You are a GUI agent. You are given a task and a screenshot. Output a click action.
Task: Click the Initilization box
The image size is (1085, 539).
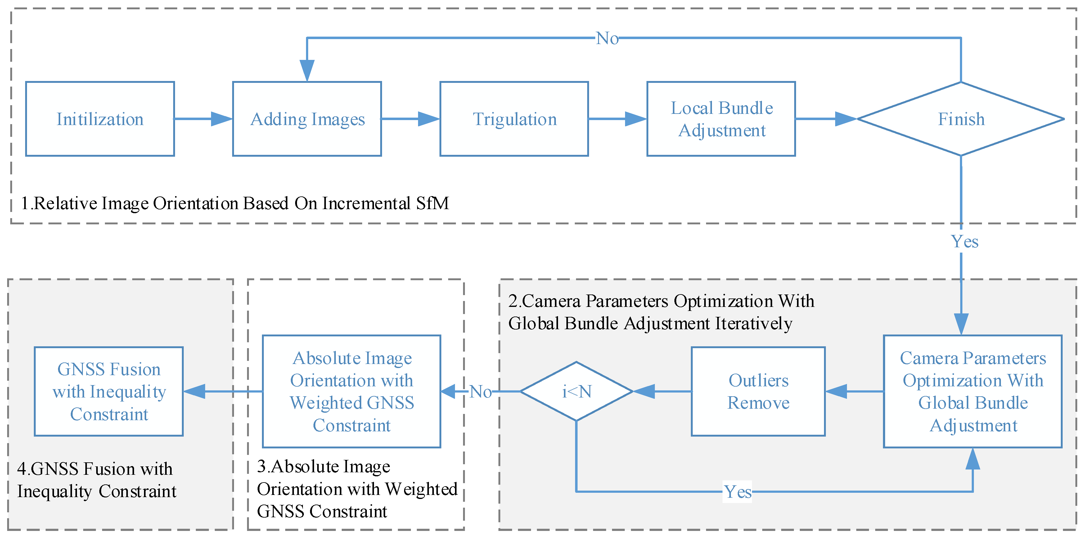point(100,119)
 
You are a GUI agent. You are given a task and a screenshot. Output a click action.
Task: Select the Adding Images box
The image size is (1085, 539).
point(307,119)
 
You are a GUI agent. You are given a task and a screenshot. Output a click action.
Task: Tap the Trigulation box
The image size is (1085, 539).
point(514,119)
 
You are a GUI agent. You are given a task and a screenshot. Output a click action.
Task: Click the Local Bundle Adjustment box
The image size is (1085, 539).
point(721,119)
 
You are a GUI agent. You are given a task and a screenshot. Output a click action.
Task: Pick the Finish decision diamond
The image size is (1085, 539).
point(961,119)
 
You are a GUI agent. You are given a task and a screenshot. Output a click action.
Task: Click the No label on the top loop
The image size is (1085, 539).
point(607,38)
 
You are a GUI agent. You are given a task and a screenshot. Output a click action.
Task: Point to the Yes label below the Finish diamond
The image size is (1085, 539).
point(965,242)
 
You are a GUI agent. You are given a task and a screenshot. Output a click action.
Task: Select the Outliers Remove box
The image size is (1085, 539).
point(758,391)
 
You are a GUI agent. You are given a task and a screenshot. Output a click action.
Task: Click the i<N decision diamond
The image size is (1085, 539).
point(576,391)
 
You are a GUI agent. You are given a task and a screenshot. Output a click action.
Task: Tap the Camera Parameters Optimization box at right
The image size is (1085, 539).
point(973,391)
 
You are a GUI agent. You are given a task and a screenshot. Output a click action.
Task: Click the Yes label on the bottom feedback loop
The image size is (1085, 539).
point(737,492)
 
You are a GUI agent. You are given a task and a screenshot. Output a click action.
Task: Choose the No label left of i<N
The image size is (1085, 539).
point(480,392)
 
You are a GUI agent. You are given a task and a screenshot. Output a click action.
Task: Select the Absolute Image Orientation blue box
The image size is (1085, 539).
point(351,391)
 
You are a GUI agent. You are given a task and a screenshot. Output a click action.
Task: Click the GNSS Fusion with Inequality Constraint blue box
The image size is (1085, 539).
point(109,391)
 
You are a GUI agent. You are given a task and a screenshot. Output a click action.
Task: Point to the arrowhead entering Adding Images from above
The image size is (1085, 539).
point(307,70)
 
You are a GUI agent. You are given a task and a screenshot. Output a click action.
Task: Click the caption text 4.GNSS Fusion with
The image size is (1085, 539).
point(95,469)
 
